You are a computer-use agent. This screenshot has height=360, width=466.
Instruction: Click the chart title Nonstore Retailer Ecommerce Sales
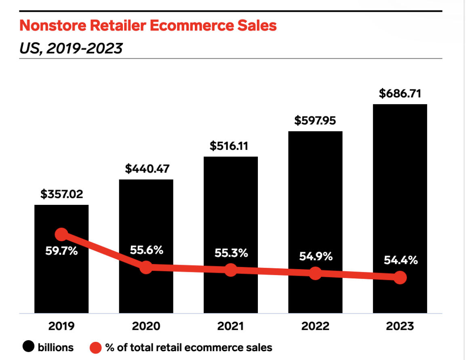coord(148,26)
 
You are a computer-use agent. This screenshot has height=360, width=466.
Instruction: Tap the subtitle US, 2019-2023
coord(71,48)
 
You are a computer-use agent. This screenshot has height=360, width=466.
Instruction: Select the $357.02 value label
coord(61,194)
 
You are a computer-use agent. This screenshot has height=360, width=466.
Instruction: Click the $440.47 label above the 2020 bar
coord(146,169)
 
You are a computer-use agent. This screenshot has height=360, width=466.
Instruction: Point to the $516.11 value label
coord(231,146)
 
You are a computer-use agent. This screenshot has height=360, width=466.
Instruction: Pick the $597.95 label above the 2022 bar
coord(315,120)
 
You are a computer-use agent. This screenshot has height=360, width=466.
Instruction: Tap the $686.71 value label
coord(400,94)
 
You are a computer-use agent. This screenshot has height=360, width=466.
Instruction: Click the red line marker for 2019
coord(61,234)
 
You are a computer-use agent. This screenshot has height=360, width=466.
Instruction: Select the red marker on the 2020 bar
coord(146,267)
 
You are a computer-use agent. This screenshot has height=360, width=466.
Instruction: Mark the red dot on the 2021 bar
coord(231,269)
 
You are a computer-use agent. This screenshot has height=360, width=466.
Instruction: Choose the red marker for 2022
coord(315,273)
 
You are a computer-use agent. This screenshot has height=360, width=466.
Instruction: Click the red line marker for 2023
coord(400,278)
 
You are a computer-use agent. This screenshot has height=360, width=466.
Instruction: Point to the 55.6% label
coord(146,250)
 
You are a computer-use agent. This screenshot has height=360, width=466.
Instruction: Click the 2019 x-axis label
coord(61,326)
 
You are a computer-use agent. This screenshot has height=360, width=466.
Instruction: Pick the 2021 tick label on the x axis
coord(231,326)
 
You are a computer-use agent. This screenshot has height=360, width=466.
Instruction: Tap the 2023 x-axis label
coord(400,326)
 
